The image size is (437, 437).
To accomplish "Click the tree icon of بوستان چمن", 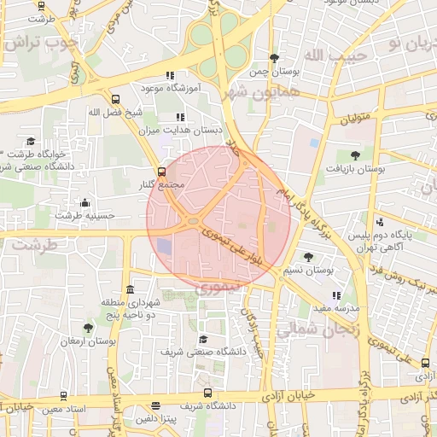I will click(x=273, y=58).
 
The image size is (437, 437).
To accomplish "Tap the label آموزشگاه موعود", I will click(x=169, y=88).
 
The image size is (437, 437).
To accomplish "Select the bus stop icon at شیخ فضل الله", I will click(x=115, y=98).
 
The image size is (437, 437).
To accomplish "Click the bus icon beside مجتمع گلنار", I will click(x=163, y=170).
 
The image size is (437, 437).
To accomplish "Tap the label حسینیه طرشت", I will click(x=84, y=216).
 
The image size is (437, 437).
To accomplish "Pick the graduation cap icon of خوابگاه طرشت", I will click(x=32, y=142).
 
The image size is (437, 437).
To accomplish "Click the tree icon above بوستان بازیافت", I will click(x=356, y=155).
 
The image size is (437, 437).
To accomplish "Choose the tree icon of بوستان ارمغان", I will click(x=88, y=327).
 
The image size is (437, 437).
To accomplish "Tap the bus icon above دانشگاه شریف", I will click(x=209, y=393).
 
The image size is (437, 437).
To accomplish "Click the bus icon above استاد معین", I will click(x=64, y=396).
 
